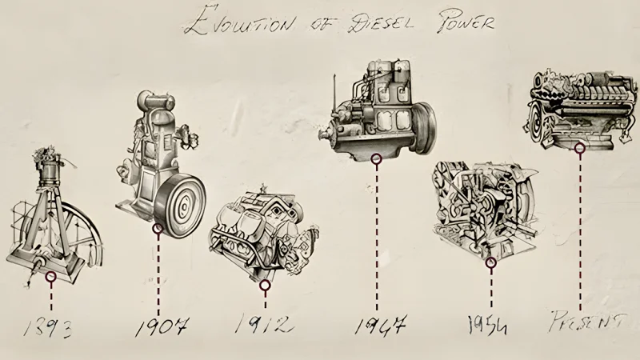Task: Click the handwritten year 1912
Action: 264,325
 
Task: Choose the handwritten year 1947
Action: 381,326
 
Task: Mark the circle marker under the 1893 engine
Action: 51,277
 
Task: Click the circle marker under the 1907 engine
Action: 158,229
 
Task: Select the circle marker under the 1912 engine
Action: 265,283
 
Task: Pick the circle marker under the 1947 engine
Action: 376,158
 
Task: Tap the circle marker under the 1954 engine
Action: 490,262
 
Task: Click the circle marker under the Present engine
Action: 580,147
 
